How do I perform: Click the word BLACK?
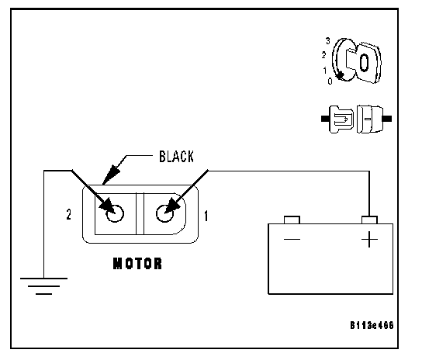[x=176, y=157]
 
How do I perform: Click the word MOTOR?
[x=137, y=264]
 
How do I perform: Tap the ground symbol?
[x=43, y=286]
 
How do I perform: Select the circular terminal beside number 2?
[x=115, y=213]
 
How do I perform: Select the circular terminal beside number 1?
[x=164, y=213]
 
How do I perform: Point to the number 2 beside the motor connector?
[x=69, y=215]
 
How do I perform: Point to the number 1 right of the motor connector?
[x=206, y=216]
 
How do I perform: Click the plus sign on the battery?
[x=369, y=239]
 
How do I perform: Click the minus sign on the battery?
[x=292, y=239]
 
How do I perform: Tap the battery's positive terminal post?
[x=369, y=220]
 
